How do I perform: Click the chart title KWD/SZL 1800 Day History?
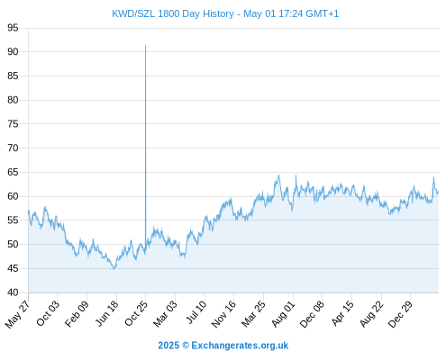click(x=173, y=13)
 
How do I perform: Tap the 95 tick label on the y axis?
click(x=13, y=28)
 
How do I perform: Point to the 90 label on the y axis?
click(x=13, y=51)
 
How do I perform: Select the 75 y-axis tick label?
click(x=13, y=124)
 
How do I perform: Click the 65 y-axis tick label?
click(x=13, y=172)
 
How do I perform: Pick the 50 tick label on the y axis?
click(x=13, y=244)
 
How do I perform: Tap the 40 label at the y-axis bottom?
click(x=13, y=292)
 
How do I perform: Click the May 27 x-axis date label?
click(x=18, y=314)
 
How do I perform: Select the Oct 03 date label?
click(x=48, y=313)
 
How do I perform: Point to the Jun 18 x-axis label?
click(x=107, y=313)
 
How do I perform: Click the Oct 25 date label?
click(x=136, y=313)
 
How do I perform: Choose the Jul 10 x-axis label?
click(x=196, y=312)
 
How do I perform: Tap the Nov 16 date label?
click(x=223, y=314)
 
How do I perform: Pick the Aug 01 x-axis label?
click(x=284, y=313)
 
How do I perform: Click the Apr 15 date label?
click(x=342, y=313)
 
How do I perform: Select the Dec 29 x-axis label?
click(x=400, y=314)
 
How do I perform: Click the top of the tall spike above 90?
click(x=146, y=45)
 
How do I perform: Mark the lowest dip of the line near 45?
click(x=114, y=269)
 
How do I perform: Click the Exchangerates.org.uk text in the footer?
click(x=240, y=346)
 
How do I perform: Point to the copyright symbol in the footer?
click(x=186, y=346)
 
